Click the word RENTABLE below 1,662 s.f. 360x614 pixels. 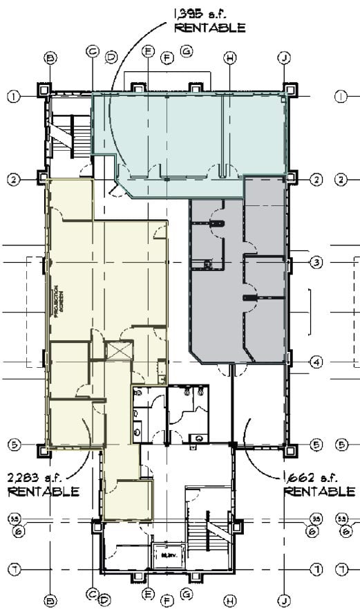click(320, 492)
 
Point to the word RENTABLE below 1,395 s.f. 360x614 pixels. click(210, 28)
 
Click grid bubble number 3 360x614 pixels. click(316, 263)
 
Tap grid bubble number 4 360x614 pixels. click(316, 362)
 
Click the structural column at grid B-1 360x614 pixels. click(45, 89)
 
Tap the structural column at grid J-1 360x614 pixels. click(289, 89)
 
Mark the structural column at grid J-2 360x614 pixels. click(290, 178)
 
